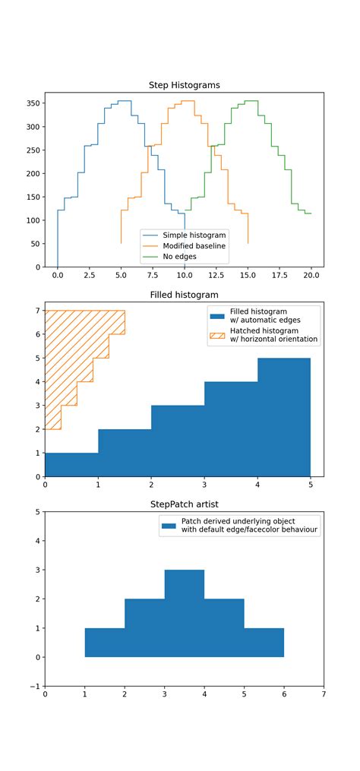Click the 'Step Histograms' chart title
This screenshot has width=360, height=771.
pos(185,85)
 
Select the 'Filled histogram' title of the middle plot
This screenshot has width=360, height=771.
pos(185,295)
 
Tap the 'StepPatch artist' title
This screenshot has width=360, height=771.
pos(185,504)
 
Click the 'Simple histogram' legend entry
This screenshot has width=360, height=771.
pos(194,235)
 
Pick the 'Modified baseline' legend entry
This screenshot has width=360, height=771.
pos(194,246)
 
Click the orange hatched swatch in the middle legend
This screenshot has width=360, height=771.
pos(219,335)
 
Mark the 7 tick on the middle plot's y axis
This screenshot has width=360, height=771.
pos(37,311)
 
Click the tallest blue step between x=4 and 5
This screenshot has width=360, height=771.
pos(284,417)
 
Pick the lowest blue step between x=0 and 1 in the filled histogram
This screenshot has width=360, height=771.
pos(71,465)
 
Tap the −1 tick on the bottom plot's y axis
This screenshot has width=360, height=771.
pos(34,686)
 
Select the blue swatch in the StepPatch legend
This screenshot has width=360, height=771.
pos(167,526)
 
